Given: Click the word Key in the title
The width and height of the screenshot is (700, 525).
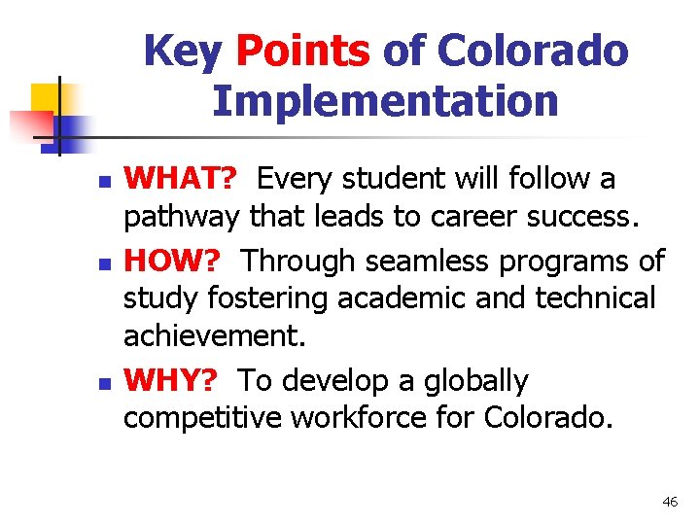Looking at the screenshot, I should tap(183, 52).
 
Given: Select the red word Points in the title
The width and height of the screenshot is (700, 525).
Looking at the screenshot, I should tap(301, 52).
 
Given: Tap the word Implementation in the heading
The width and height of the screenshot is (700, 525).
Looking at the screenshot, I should tap(385, 100).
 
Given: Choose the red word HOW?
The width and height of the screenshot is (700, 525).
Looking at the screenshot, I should tap(177, 261).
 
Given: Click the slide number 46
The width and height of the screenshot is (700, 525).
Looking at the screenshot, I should tap(669, 502).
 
